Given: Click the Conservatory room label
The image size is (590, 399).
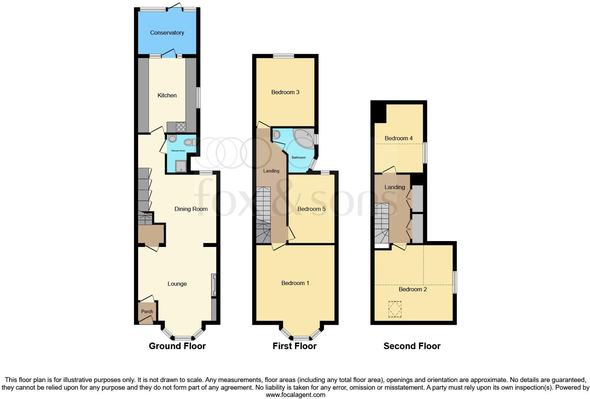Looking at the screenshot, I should pyautogui.click(x=167, y=33).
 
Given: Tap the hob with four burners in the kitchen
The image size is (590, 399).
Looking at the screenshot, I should pyautogui.click(x=181, y=127).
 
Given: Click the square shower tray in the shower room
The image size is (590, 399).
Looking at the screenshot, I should pyautogui.click(x=181, y=166).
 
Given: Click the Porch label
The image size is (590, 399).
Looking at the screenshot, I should pyautogui.click(x=147, y=311).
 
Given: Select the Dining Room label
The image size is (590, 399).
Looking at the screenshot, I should pyautogui.click(x=191, y=209).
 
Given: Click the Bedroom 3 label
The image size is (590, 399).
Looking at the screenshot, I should pyautogui.click(x=285, y=92).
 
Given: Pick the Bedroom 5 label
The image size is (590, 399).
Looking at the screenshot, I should pyautogui.click(x=311, y=209).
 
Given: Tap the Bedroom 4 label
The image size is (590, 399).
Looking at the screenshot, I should pyautogui.click(x=399, y=138).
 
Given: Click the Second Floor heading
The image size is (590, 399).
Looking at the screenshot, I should pyautogui.click(x=412, y=346).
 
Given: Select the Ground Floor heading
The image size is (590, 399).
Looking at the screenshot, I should pyautogui.click(x=177, y=346).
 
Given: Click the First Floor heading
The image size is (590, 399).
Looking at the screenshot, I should pyautogui.click(x=294, y=346).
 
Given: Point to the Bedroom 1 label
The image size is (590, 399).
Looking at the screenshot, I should pyautogui.click(x=295, y=283).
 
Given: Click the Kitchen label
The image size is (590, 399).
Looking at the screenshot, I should pyautogui.click(x=167, y=95).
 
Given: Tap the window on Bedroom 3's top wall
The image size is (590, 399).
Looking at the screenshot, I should pyautogui.click(x=283, y=56).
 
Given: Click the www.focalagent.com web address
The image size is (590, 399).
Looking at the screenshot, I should pyautogui.click(x=295, y=394).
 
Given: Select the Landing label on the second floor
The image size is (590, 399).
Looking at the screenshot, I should pyautogui.click(x=394, y=187).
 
